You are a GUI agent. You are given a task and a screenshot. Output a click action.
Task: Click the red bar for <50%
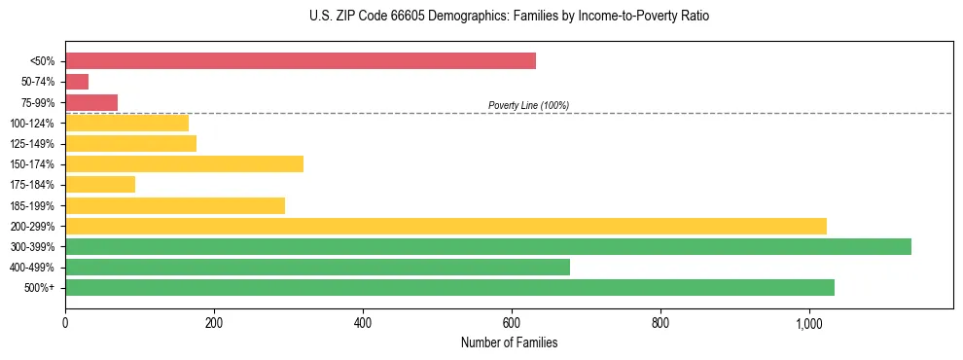[301, 61]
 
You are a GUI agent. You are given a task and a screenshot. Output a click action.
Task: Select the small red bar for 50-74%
[77, 82]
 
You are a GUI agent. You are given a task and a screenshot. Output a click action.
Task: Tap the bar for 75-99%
[91, 102]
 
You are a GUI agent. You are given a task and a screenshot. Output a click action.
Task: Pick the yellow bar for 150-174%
[184, 163]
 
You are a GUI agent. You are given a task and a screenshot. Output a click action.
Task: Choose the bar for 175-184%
[100, 184]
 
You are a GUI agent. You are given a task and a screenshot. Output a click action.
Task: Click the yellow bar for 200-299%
[446, 226]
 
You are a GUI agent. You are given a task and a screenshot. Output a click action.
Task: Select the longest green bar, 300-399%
[488, 246]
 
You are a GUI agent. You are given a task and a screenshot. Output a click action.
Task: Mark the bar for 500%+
[449, 287]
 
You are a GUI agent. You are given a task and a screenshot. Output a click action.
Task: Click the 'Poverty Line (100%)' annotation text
[528, 105]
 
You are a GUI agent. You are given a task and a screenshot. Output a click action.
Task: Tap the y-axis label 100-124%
[32, 124]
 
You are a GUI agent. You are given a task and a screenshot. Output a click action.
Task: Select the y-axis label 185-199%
[32, 205]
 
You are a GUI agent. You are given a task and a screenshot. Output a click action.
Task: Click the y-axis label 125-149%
[32, 144]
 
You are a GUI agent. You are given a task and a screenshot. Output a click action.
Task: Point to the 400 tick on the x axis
[363, 323]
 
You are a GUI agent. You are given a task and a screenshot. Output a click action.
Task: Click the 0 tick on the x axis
[65, 323]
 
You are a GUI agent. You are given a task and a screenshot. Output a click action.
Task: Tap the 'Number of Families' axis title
[509, 342]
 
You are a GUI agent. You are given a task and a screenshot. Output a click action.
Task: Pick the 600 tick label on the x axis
[512, 323]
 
